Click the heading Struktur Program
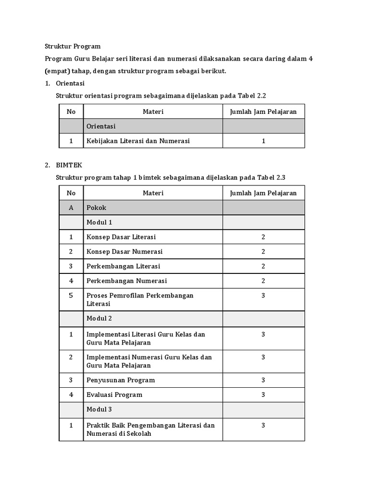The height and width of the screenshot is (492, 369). point(73,46)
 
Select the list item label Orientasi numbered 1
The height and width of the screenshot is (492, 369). point(70,83)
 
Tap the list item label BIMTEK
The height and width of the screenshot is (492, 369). point(69,165)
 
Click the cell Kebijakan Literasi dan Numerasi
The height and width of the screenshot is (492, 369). point(138,141)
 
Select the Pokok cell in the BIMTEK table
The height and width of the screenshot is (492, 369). point(97,208)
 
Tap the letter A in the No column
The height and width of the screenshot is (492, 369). point(71,208)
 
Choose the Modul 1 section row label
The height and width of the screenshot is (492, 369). point(99,222)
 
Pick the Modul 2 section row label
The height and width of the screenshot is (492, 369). point(99,318)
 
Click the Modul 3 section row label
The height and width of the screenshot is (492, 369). point(99,409)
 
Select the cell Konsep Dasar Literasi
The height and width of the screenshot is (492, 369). point(121,237)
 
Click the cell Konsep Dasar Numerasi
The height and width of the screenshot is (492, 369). point(124,251)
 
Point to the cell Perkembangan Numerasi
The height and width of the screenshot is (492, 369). point(126,281)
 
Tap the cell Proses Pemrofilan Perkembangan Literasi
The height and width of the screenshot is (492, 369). point(140,299)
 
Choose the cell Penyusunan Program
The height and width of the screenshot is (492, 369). point(121,380)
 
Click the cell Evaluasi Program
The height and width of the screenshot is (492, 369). point(114,394)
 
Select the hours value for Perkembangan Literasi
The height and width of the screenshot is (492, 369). point(263,266)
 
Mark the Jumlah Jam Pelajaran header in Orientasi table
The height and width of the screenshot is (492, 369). point(263,111)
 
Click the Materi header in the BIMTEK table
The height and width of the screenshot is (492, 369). point(153,193)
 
